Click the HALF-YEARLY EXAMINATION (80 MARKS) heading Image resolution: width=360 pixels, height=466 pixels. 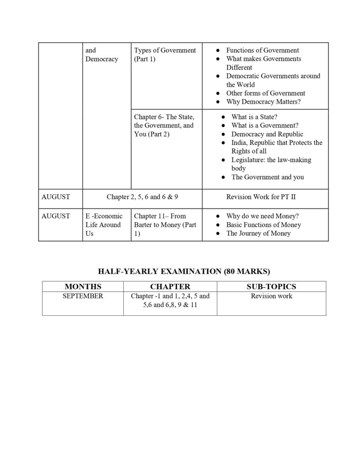(184, 272)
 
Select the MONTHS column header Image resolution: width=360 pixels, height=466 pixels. (83, 287)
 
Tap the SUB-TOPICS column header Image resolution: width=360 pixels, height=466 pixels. (271, 287)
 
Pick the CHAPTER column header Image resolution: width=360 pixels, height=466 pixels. (170, 287)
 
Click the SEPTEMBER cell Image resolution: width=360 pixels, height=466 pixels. (83, 296)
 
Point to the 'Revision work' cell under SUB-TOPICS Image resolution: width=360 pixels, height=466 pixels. (271, 296)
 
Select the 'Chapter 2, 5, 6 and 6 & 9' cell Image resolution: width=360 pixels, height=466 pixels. (142, 198)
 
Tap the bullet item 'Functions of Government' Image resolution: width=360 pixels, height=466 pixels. (263, 51)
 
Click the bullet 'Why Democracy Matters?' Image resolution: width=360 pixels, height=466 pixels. (264, 102)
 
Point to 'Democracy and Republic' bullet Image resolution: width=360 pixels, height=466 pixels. (267, 134)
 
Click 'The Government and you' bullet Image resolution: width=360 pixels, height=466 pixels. (268, 177)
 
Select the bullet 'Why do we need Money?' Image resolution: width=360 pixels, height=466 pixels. (263, 216)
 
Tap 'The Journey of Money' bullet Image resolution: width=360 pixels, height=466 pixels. (259, 233)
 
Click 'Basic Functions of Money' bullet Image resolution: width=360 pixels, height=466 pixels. (264, 225)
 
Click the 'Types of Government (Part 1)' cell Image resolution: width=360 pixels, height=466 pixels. (165, 55)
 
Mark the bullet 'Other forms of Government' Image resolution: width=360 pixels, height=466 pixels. (266, 93)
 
